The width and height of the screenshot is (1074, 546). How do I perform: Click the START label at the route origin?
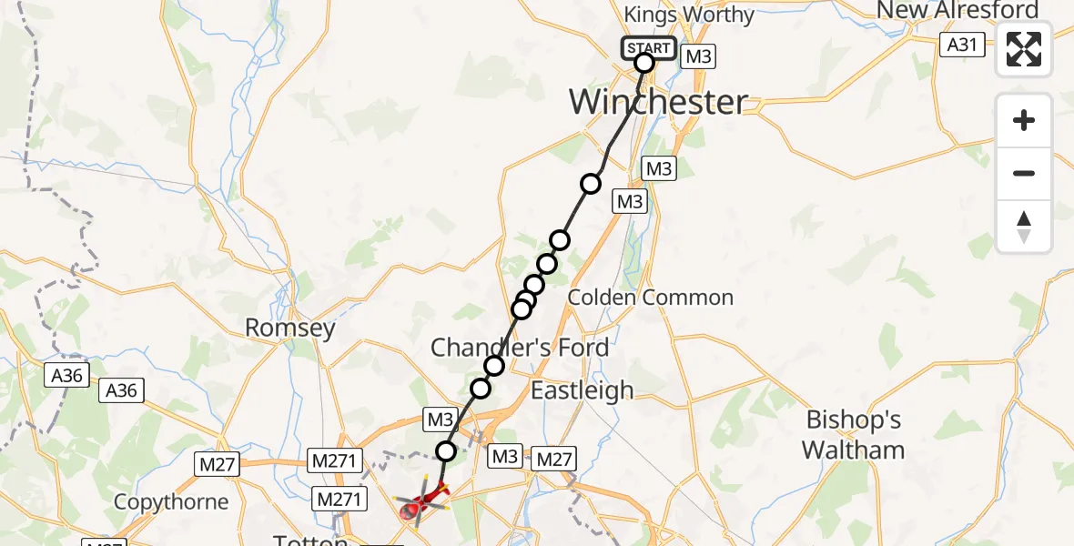tap(649, 48)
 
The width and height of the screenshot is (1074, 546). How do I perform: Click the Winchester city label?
tap(659, 101)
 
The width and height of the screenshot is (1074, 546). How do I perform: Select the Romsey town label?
tap(290, 328)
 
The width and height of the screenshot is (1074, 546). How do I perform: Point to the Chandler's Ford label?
tap(520, 347)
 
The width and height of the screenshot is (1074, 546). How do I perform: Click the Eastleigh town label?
tap(582, 390)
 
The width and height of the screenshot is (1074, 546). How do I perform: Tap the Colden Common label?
tap(650, 298)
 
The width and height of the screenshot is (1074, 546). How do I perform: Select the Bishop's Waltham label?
tap(854, 434)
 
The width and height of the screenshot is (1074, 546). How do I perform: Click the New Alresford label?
tap(957, 11)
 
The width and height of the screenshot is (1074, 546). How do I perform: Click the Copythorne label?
tap(171, 501)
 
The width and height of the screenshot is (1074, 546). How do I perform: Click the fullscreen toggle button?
tap(1024, 49)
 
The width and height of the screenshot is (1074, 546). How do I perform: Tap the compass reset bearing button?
tap(1024, 226)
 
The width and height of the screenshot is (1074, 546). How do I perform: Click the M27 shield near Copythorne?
tap(217, 465)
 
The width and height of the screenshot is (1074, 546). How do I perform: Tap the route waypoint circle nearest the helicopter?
tap(446, 450)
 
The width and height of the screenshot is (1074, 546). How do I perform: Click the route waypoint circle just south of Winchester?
tap(591, 184)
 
